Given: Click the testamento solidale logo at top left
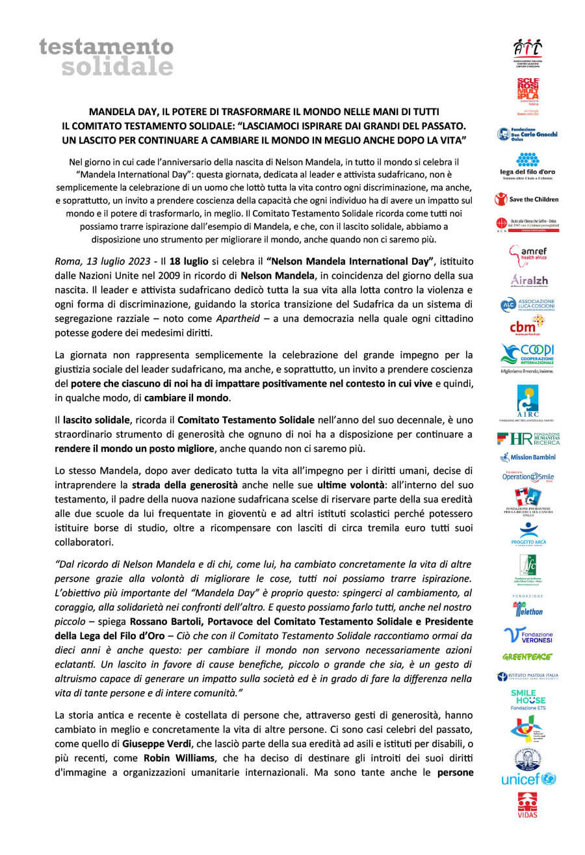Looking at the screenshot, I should pos(107,57).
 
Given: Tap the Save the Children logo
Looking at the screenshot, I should pos(526,198).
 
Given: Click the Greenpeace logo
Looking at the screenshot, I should pos(527,657).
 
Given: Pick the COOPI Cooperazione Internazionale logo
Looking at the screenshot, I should pos(528,356).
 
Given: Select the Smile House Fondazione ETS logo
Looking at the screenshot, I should pos(528,700).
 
